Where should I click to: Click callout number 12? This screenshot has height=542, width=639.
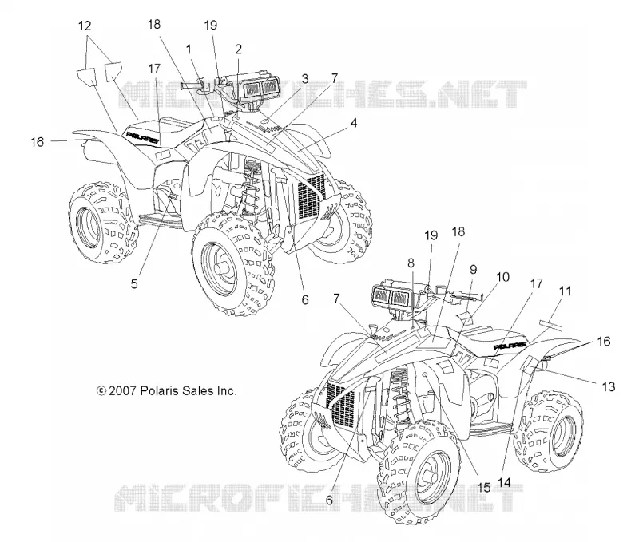click(x=85, y=26)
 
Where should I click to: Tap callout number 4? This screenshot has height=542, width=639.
click(x=353, y=123)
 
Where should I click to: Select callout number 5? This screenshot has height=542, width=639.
click(x=134, y=283)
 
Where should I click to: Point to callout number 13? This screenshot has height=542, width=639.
click(x=608, y=386)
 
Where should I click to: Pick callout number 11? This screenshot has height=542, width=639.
click(x=565, y=291)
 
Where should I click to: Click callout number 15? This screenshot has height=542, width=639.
click(x=484, y=487)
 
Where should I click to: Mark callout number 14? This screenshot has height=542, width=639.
click(x=504, y=482)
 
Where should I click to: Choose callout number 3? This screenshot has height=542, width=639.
click(x=305, y=78)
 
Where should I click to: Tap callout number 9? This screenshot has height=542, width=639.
click(x=473, y=270)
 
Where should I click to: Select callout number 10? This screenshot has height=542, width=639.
click(x=503, y=277)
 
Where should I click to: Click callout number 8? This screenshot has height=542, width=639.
click(x=411, y=263)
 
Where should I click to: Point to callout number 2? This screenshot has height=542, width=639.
click(x=238, y=49)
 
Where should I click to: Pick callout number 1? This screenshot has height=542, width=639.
click(x=189, y=49)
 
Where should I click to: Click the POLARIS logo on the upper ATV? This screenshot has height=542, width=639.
click(x=142, y=137)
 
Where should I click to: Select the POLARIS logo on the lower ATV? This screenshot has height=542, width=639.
click(x=510, y=346)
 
